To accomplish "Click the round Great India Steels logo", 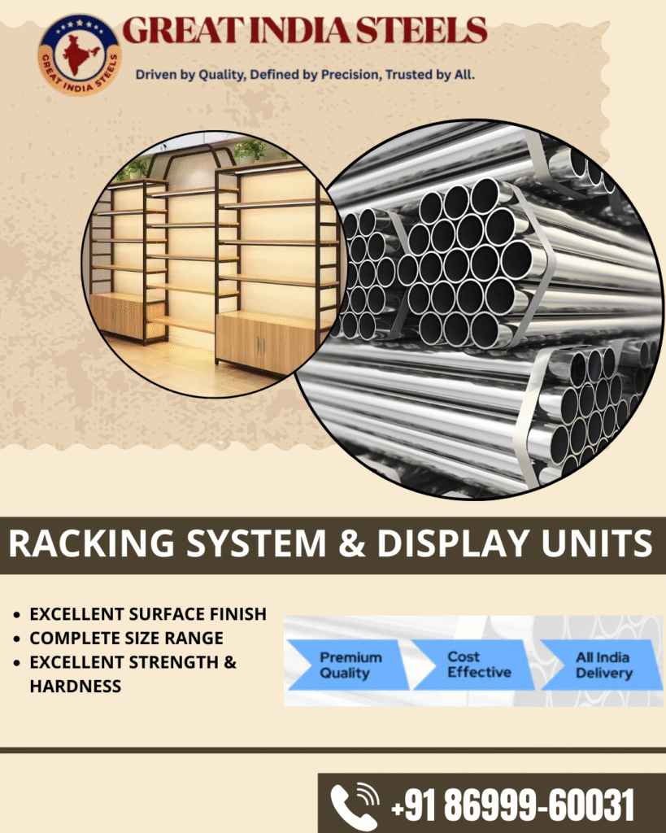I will coord(79,55).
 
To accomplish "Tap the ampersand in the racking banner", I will coord(350,544).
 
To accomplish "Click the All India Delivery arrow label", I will coord(603,665).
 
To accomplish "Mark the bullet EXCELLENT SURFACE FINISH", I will coord(147,614).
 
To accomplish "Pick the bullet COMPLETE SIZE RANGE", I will coord(126,639).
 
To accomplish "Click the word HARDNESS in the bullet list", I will coord(75,686).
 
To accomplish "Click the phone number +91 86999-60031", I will coord(512,805).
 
